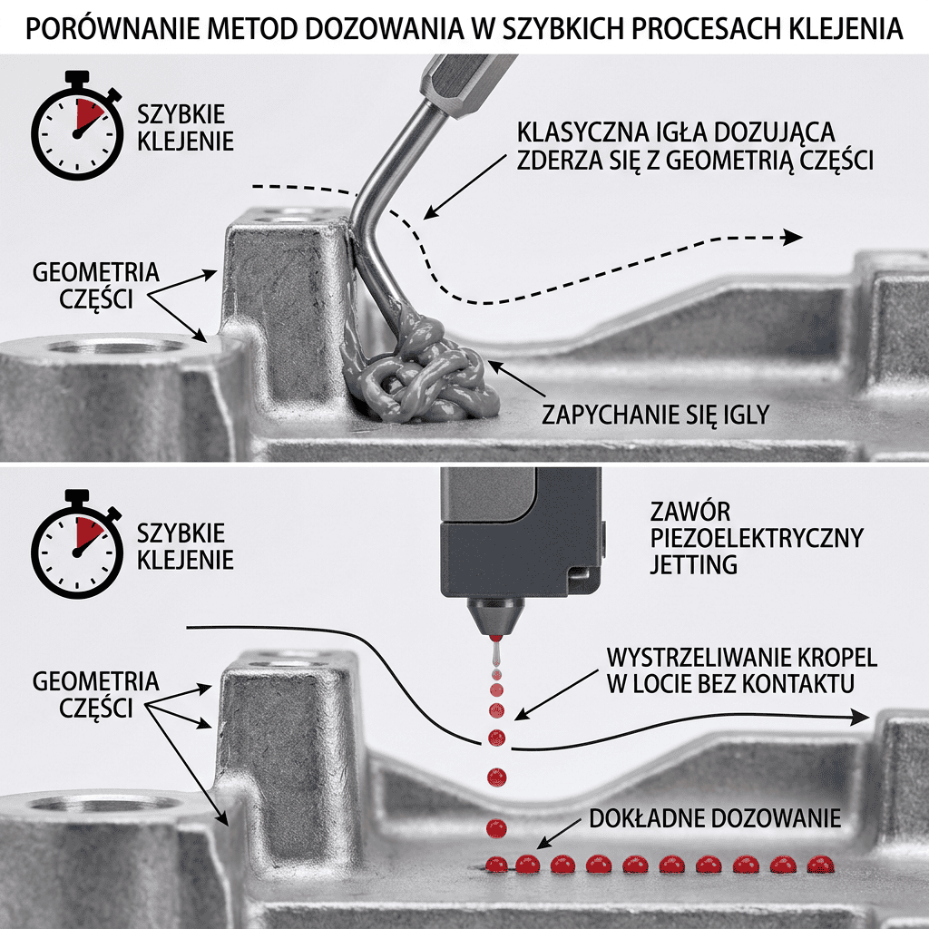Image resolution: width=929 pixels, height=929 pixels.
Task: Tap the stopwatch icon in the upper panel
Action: tap(77, 126)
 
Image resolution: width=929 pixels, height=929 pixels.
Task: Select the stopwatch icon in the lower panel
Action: tap(77, 544)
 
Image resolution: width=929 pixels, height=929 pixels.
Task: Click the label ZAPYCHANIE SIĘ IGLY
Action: tap(655, 414)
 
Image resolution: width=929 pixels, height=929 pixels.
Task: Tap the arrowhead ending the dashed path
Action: tap(792, 238)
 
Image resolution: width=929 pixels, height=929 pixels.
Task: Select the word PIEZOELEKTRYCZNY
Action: tap(757, 538)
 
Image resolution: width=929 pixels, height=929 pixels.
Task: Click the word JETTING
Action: tap(694, 564)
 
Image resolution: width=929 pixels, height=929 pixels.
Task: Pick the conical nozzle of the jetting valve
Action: tap(495, 617)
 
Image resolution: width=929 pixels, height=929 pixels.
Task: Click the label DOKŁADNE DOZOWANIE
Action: tap(715, 818)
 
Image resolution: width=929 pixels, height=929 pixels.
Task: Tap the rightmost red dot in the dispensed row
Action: tap(820, 865)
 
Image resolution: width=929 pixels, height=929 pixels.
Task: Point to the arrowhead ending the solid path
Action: tap(860, 717)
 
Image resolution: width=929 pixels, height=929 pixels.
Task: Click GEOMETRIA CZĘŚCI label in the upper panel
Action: tap(96, 285)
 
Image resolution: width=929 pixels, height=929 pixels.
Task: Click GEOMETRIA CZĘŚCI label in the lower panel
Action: tap(96, 694)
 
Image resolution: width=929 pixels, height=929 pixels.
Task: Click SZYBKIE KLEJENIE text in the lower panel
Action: tap(185, 546)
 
